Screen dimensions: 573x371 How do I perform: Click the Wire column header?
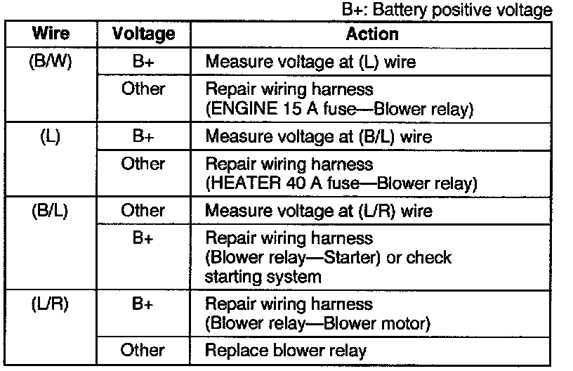[49, 34]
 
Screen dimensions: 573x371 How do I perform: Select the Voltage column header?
[143, 34]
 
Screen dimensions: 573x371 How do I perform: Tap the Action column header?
[371, 34]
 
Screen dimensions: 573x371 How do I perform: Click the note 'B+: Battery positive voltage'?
[456, 11]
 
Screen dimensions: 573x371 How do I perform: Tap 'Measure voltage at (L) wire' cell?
[310, 62]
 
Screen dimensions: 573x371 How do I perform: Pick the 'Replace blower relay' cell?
[286, 350]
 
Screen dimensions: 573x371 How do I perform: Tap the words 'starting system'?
[263, 276]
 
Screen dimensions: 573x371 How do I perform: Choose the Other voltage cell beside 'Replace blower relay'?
[143, 349]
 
